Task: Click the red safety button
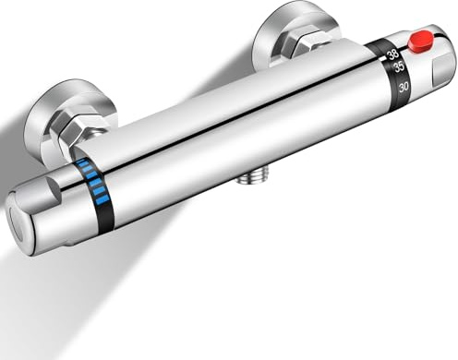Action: [421, 41]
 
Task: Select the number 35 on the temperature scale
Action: [399, 67]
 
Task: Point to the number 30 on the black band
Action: [402, 87]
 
